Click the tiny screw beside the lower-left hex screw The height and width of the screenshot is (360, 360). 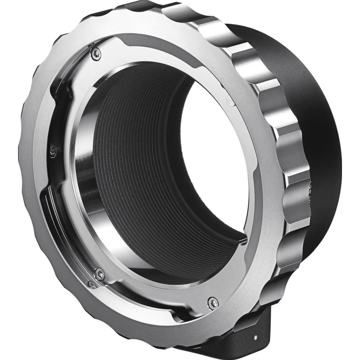pyautogui.click(x=91, y=283)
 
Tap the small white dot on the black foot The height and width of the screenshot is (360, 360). pyautogui.click(x=256, y=336)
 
